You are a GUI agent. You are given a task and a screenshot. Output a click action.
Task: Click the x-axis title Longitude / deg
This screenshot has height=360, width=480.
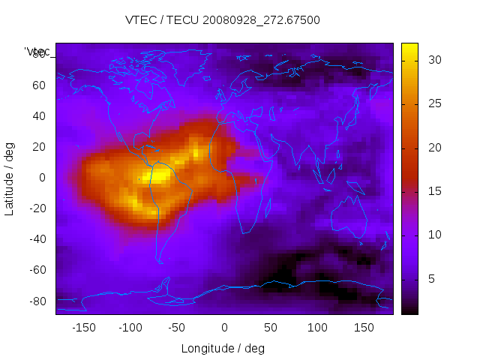(x=223, y=349)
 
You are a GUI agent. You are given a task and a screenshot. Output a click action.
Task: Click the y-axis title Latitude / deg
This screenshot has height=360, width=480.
(x=10, y=178)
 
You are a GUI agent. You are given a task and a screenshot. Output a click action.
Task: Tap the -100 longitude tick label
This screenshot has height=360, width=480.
(x=130, y=328)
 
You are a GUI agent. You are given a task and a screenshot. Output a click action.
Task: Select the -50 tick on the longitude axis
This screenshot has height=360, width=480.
(x=177, y=328)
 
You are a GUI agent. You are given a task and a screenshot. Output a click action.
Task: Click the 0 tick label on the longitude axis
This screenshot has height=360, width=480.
(x=224, y=328)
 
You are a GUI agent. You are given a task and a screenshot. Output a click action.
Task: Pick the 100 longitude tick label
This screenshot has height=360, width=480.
(x=317, y=328)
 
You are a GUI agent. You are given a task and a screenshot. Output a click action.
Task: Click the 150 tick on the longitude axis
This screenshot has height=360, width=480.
(x=364, y=328)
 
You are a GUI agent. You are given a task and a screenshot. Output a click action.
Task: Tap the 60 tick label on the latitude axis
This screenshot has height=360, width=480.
(x=39, y=85)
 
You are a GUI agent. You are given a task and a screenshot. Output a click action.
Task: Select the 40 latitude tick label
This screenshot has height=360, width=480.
(x=39, y=115)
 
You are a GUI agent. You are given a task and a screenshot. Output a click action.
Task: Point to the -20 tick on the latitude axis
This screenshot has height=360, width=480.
(x=37, y=208)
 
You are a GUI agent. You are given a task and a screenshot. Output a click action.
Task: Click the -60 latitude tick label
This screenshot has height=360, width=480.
(x=37, y=270)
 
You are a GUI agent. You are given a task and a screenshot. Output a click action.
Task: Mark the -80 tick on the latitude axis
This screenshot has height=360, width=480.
(x=37, y=301)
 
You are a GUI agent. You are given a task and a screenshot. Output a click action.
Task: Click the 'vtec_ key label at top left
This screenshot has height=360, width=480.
(x=38, y=51)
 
